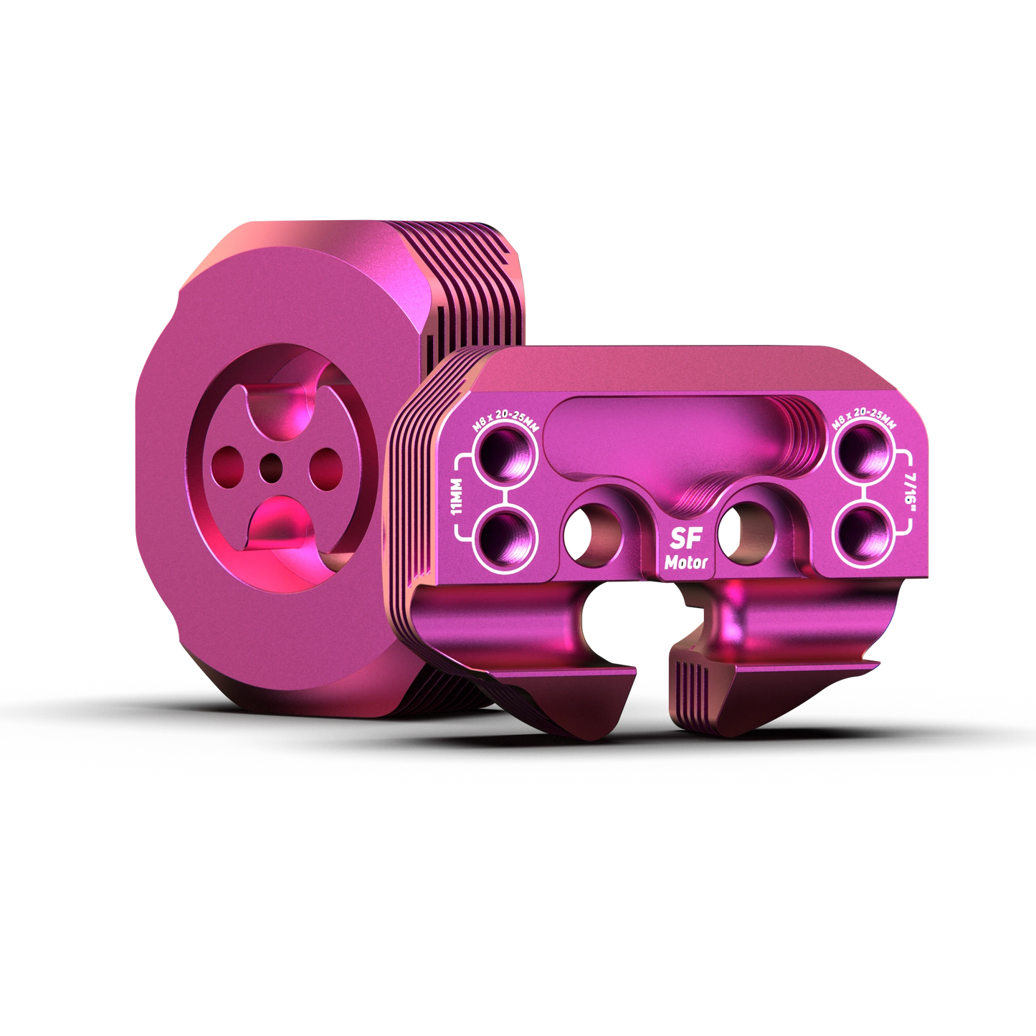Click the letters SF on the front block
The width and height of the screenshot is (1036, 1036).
pos(686,539)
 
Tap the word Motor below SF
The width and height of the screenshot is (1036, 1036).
pos(686,563)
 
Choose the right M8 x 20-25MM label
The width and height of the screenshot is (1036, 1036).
pos(864,424)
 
